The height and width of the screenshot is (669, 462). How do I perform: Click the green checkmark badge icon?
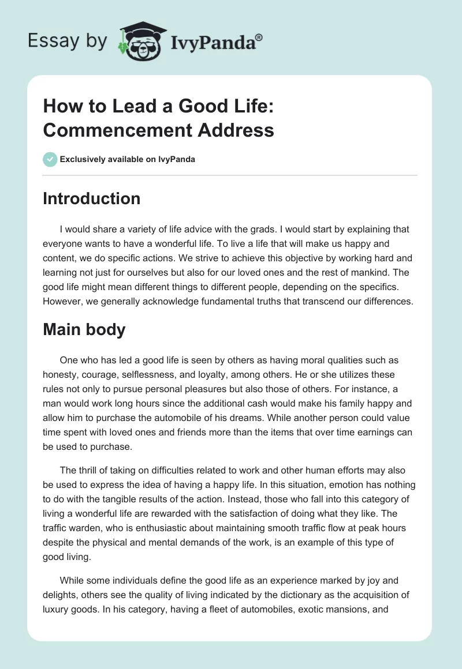coord(50,159)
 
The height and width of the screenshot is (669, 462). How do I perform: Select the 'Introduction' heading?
coord(92,198)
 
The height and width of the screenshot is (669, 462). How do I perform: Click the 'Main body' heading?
coord(83,330)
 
